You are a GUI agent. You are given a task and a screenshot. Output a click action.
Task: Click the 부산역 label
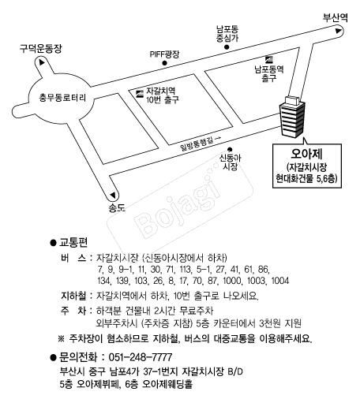336,17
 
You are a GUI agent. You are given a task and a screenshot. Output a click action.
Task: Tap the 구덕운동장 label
41,49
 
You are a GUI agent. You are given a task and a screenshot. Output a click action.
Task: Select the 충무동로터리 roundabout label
62,98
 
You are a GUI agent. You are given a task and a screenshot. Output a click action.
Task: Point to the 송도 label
117,208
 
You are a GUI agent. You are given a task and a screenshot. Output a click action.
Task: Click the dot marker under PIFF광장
164,63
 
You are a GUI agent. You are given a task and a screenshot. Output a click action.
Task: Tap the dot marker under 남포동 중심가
227,47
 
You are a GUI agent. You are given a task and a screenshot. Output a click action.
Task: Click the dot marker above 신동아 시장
230,150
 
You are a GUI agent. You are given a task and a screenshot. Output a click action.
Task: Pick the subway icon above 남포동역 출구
269,60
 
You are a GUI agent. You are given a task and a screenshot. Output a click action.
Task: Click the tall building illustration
292,117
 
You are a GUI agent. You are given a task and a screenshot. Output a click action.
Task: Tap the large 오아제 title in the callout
306,154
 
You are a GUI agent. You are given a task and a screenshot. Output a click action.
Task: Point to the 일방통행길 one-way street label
197,144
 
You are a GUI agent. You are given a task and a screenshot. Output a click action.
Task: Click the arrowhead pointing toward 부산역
338,31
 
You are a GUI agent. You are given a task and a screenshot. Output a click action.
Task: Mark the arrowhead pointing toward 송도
113,195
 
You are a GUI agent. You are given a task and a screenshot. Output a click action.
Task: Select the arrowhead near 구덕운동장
42,62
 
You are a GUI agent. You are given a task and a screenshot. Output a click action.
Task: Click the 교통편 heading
73,242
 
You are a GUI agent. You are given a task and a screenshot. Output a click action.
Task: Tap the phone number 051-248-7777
141,357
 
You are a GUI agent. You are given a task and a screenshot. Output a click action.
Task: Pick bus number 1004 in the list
280,281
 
